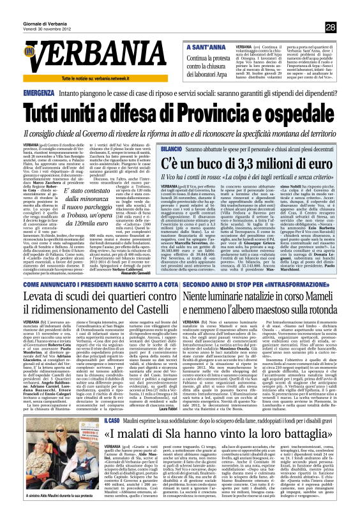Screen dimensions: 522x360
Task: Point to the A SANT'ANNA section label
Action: point(204,47)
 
